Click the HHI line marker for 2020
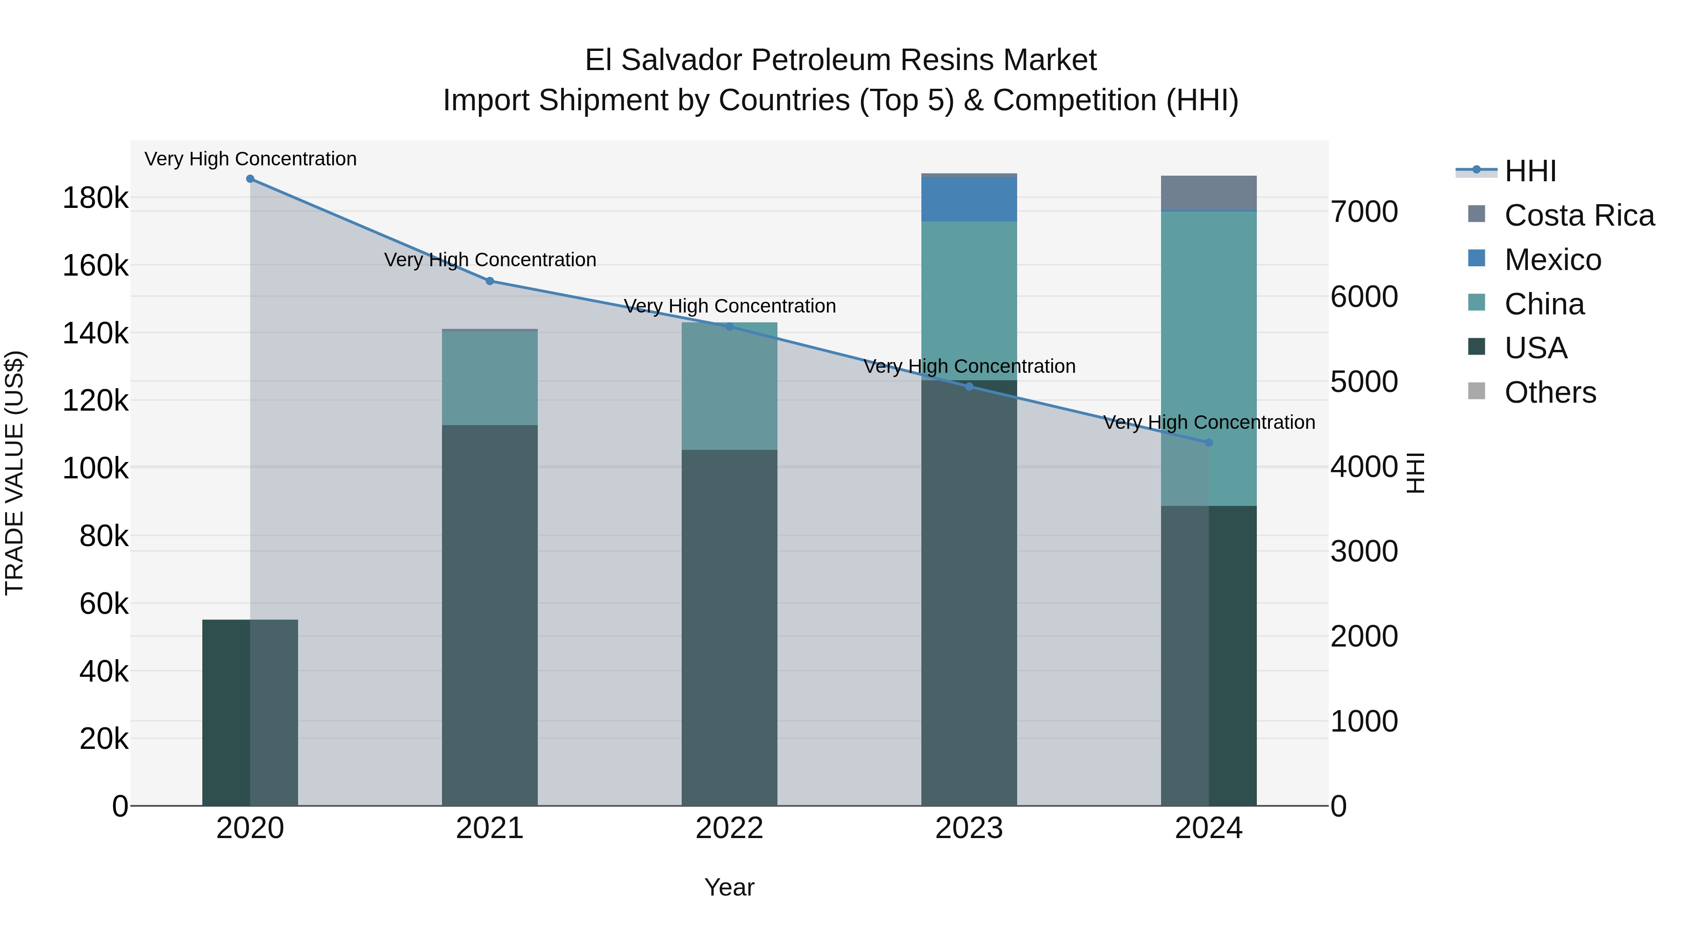[250, 179]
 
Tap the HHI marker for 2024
[1209, 443]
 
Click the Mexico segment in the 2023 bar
[969, 199]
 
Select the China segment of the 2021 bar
[490, 379]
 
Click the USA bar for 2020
[250, 711]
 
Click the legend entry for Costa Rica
[1579, 215]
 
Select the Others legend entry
[1550, 392]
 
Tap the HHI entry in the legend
[1530, 171]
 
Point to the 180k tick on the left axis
[95, 198]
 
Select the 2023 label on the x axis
[969, 828]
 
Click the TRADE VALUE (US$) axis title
[14, 473]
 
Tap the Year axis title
[729, 887]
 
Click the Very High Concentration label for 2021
[490, 260]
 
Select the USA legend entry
[1536, 348]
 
